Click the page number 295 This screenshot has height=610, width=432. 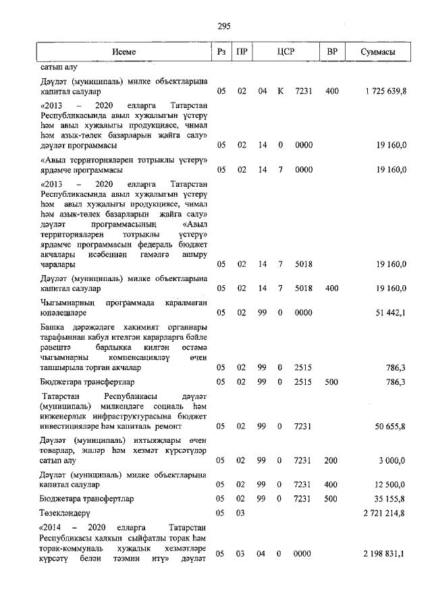(224, 26)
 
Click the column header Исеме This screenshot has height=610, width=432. (124, 52)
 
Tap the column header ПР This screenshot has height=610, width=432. (242, 52)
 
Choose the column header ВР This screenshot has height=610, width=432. (331, 52)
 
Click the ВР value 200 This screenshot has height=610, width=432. (331, 460)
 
